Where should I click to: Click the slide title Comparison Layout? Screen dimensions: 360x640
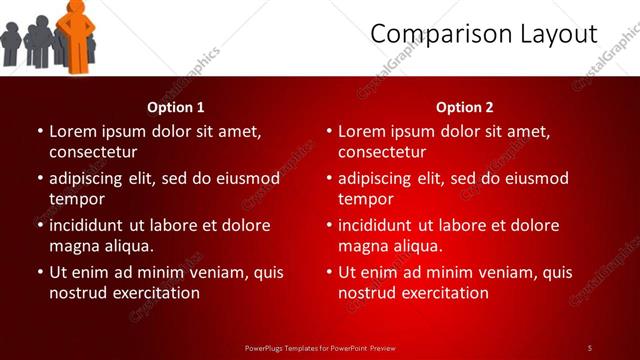click(483, 34)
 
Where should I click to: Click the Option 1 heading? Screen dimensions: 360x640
click(176, 107)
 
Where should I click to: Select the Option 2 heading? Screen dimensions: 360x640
click(465, 107)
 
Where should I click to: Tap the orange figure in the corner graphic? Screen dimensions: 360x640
click(75, 35)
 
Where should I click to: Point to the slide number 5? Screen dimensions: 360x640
click(590, 347)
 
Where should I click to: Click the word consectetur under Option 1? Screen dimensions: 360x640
click(93, 152)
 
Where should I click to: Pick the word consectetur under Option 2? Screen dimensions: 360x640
click(382, 152)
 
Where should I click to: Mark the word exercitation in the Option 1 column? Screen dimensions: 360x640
click(155, 293)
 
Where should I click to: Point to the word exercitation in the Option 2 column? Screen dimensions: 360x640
click(444, 293)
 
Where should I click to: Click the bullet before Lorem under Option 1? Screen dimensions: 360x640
click(40, 131)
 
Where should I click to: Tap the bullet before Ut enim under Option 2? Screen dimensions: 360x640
click(329, 272)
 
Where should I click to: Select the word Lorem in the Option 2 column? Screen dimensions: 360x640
click(361, 131)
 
